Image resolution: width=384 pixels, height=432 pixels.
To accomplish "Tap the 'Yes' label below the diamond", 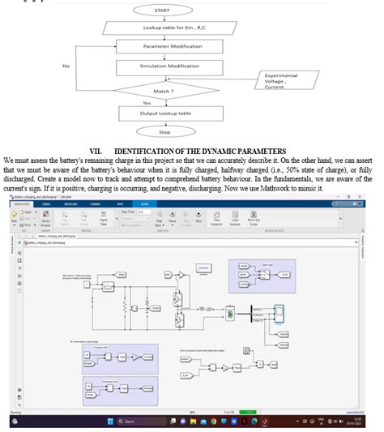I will tap(147, 103).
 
